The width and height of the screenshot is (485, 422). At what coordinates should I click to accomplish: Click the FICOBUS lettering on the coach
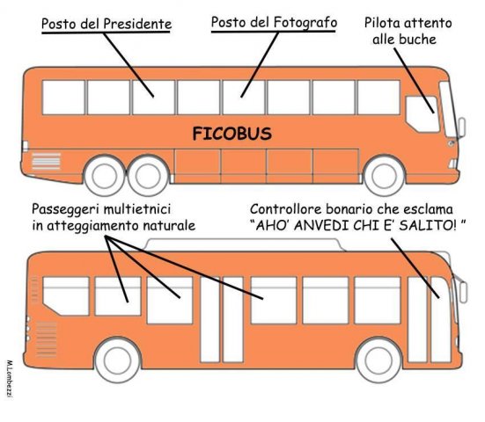[232, 134]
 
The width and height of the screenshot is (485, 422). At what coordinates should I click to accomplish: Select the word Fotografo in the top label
[305, 23]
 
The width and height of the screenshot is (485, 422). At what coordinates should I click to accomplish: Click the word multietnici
[136, 209]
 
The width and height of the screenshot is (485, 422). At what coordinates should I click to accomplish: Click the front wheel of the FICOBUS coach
[384, 176]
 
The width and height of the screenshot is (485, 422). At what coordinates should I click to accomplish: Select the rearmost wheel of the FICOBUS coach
[105, 176]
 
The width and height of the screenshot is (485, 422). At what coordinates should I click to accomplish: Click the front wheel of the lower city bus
[378, 360]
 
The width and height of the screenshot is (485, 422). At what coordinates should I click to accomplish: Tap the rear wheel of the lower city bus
[118, 360]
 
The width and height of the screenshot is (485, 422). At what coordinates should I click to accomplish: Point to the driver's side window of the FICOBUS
[423, 114]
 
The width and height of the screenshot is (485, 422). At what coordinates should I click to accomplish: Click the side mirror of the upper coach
[461, 127]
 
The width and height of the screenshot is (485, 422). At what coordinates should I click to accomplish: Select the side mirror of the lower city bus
[463, 292]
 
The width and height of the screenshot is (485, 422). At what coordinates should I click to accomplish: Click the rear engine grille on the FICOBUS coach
[46, 161]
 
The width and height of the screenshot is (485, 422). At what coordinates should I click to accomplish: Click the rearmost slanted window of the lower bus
[66, 296]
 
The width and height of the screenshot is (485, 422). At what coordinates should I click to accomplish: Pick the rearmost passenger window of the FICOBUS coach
[63, 98]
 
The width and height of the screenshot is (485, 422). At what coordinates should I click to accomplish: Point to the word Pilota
[382, 23]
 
